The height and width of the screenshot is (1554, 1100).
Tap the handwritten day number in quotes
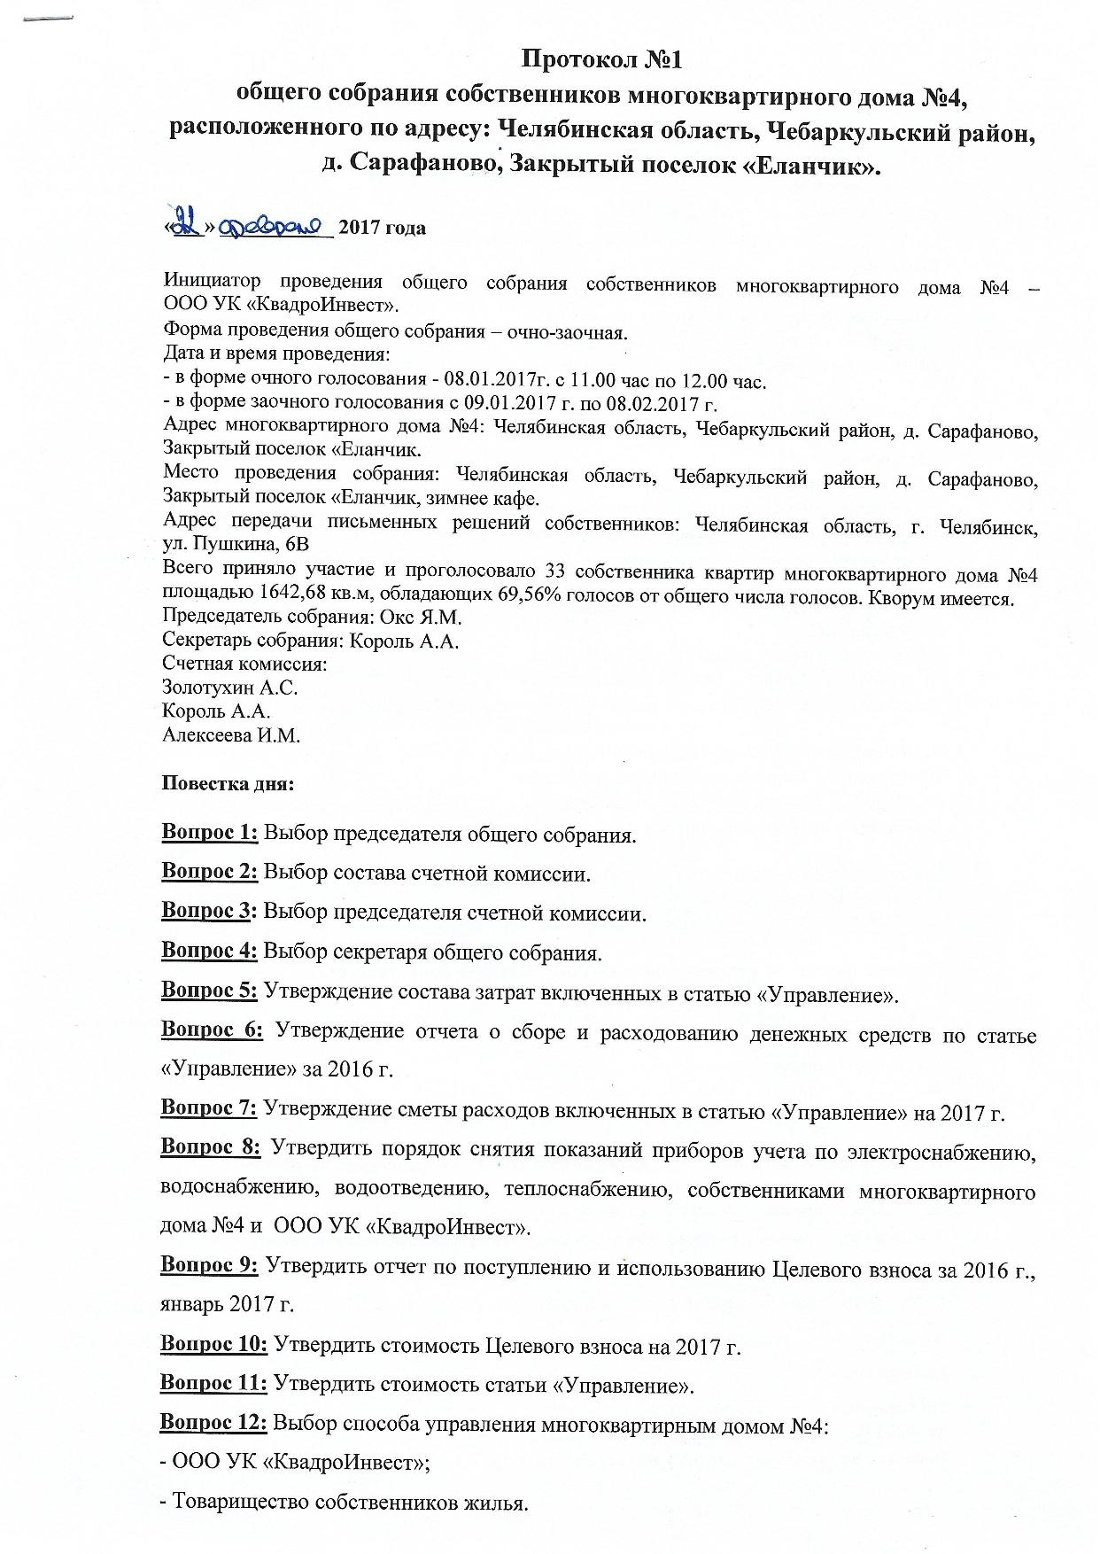click(185, 225)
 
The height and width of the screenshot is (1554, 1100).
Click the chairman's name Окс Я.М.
click(427, 617)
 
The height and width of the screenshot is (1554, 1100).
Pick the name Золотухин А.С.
click(229, 687)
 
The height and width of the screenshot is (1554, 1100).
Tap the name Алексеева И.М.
click(231, 734)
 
